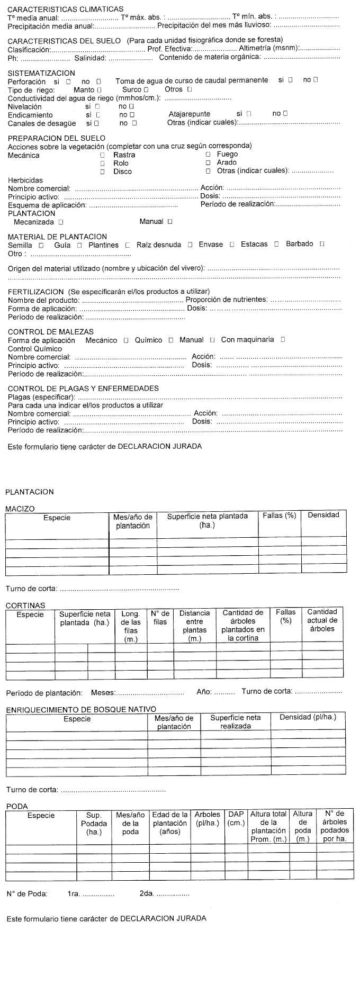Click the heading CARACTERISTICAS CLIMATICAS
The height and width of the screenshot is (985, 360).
pos(66,9)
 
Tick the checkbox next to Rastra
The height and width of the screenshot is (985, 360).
pos(102,155)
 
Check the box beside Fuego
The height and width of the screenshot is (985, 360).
pos(208,154)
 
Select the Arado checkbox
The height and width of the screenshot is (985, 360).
pos(208,162)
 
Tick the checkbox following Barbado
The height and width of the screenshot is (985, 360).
pos(322,244)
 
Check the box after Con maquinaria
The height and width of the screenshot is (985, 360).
pos(283,340)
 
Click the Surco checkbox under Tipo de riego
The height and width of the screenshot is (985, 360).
pos(146,90)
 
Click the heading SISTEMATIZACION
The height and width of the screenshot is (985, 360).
pos(41,73)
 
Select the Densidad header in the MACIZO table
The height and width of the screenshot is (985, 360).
pos(323,515)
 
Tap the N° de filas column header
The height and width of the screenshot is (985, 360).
pos(160,618)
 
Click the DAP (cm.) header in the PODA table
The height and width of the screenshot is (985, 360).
pos(236,818)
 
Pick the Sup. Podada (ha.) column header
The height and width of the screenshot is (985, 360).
pos(94,824)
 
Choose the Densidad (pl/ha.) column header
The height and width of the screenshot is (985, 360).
pos(308,717)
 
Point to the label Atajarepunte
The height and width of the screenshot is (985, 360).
pos(189,114)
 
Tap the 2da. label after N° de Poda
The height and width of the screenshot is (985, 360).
pos(146,893)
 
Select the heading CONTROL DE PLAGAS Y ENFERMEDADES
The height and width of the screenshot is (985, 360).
pos(83,388)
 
